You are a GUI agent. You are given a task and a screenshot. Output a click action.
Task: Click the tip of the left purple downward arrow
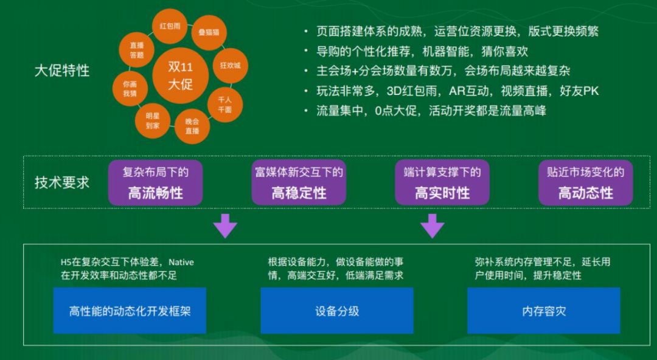pos(225,238)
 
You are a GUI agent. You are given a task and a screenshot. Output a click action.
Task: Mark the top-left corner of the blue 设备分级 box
pos(260,288)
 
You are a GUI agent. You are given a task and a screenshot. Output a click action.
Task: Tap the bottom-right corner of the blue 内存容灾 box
pos(620,334)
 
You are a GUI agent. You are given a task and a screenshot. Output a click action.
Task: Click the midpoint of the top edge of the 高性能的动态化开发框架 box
pos(130,288)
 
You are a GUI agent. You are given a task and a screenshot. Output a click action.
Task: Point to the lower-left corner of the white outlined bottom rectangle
pos(24,345)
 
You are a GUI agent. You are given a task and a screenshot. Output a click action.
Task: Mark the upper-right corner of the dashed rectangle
pos(650,156)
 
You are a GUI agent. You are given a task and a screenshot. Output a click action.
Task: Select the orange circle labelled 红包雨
pos(170,26)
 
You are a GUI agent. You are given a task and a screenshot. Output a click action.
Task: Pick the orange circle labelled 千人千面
pos(225,105)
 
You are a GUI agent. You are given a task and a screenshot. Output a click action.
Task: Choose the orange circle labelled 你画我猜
pos(130,89)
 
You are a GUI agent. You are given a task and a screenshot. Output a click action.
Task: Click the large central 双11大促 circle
pos(181,75)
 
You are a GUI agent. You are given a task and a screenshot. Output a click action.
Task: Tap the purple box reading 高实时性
pos(442,182)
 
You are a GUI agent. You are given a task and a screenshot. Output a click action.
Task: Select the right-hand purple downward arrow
pos(433,226)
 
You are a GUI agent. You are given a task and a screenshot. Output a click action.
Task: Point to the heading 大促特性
pos(62,71)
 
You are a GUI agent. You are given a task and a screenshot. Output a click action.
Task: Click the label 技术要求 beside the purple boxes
pos(62,182)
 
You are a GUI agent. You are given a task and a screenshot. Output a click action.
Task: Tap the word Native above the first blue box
pos(181,262)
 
